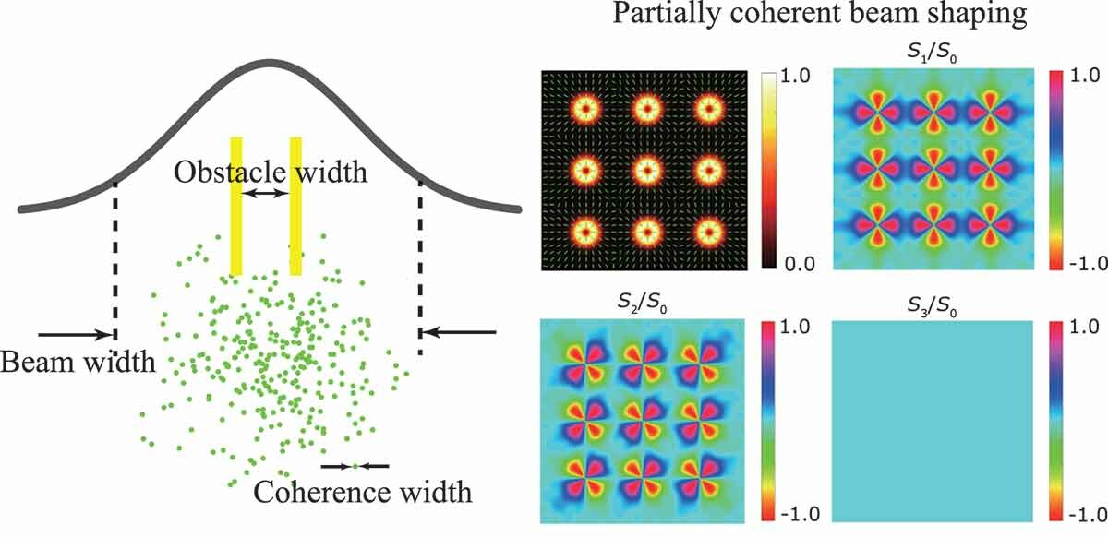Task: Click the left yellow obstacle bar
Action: [x=236, y=206]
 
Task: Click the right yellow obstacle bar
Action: [x=295, y=206]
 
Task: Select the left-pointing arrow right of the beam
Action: [x=466, y=330]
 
